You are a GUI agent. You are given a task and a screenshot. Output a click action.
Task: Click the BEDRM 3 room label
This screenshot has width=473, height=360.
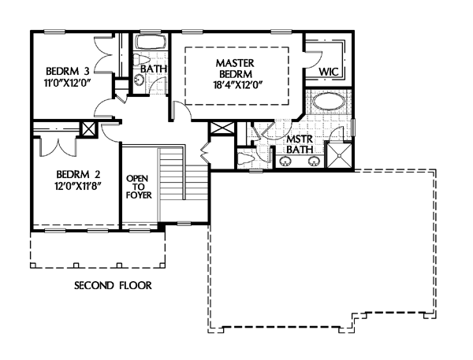68,71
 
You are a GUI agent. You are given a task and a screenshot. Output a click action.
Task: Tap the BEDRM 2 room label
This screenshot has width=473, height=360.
78,174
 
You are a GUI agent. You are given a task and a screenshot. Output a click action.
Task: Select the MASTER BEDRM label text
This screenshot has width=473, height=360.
235,69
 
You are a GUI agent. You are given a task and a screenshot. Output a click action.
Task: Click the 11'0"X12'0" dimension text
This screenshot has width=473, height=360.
68,82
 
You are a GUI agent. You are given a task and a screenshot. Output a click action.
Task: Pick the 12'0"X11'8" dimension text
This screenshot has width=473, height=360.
77,186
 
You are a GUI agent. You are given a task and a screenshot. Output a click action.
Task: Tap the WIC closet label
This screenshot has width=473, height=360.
329,72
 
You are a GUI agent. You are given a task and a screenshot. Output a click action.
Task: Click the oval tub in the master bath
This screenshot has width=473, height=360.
328,102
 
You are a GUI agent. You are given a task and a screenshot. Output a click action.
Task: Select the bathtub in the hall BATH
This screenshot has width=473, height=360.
151,43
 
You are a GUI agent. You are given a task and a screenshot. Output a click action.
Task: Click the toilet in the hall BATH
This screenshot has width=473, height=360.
140,59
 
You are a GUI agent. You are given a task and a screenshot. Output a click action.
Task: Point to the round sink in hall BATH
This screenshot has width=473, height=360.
139,80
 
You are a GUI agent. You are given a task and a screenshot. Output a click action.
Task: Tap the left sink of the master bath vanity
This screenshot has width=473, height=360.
285,161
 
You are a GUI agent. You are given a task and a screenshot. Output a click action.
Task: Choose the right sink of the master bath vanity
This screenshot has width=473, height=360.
314,161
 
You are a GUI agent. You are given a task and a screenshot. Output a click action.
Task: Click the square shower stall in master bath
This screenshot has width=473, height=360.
339,155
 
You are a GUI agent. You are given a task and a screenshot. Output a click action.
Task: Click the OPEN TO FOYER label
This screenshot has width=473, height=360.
139,187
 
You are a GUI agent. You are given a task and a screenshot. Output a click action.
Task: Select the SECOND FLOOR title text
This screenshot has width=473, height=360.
113,285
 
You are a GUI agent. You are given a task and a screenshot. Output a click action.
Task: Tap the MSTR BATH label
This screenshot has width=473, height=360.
300,144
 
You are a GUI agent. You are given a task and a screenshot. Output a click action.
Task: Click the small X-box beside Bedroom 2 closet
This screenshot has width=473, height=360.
89,128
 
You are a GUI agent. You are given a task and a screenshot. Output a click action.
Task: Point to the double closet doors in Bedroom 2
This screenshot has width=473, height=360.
57,147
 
